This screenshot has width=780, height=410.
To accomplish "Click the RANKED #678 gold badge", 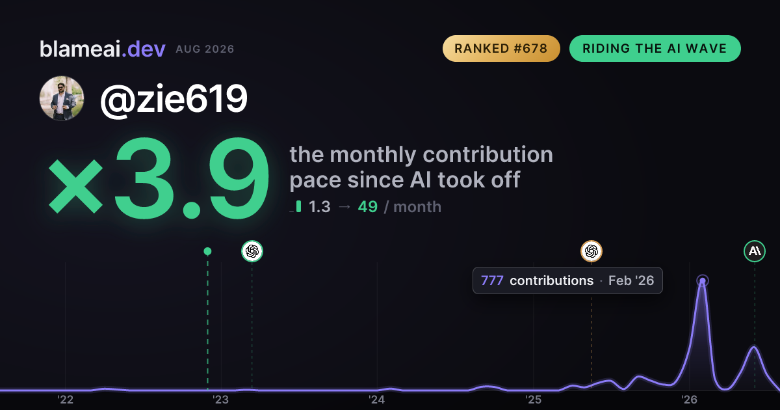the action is tap(501, 48).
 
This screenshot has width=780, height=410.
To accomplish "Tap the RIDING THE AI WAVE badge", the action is tap(655, 48).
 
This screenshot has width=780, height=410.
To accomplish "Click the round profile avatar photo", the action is tap(62, 98).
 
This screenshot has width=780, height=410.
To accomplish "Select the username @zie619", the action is tap(174, 99).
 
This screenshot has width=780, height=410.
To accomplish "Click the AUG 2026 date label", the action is tap(205, 49).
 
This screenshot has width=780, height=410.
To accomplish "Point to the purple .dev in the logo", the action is tap(144, 49).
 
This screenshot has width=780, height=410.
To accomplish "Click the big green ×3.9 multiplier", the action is tap(159, 178).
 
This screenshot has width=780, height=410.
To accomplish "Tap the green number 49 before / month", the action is tap(368, 207).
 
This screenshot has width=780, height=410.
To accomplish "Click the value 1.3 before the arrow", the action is tap(319, 207).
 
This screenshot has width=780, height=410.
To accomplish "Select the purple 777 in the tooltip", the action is tap(492, 280).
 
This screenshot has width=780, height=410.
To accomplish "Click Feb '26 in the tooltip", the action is tap(631, 280).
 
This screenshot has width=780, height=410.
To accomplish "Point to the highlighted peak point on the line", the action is tap(703, 281).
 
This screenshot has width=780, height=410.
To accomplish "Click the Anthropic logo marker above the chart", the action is tap(755, 251).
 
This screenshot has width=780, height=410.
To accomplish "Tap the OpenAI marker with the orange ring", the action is tap(591, 251).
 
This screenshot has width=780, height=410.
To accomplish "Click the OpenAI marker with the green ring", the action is tap(252, 251).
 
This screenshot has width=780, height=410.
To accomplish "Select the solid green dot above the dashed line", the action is tap(207, 251).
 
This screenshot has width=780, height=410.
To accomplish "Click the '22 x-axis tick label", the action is tap(65, 400).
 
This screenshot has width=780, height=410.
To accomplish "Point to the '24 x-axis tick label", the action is tap(377, 400).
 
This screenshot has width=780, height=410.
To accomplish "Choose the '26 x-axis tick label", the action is tap(689, 400).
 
